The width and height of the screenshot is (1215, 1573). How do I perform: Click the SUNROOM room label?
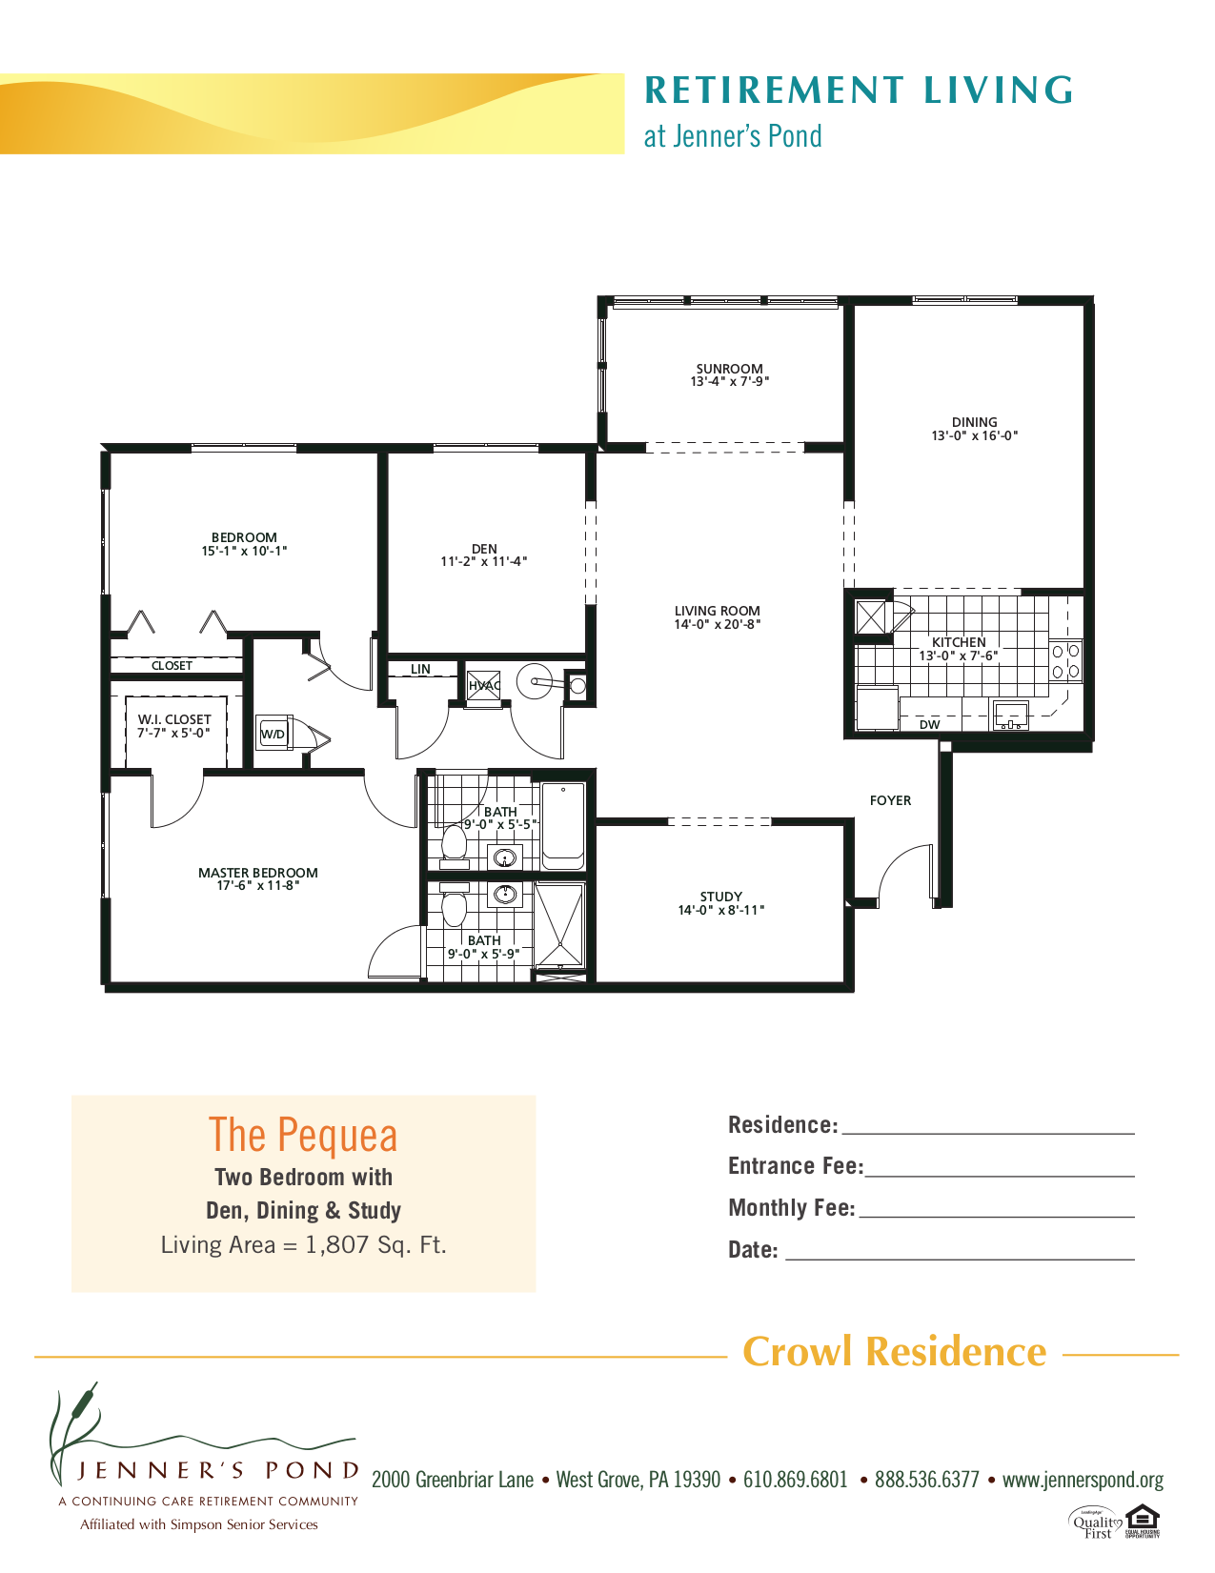pyautogui.click(x=729, y=369)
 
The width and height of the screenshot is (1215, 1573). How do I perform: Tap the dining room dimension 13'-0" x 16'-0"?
pyautogui.click(x=974, y=436)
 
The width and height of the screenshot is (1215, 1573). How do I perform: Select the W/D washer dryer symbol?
pyautogui.click(x=273, y=734)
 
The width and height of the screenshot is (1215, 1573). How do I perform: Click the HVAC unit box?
pyautogui.click(x=483, y=685)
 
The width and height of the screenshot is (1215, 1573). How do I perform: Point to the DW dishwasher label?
pyautogui.click(x=929, y=725)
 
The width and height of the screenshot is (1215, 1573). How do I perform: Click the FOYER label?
pyautogui.click(x=890, y=800)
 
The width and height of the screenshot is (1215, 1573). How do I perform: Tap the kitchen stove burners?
pyautogui.click(x=1065, y=660)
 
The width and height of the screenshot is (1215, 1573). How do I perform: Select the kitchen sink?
pyautogui.click(x=1010, y=715)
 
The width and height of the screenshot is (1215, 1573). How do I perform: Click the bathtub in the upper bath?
pyautogui.click(x=562, y=825)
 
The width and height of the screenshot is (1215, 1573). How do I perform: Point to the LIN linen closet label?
pyautogui.click(x=420, y=669)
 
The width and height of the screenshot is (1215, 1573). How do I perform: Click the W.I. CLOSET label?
pyautogui.click(x=174, y=719)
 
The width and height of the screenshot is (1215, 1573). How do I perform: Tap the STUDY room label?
pyautogui.click(x=720, y=897)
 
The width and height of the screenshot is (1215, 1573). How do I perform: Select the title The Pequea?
pyautogui.click(x=303, y=1136)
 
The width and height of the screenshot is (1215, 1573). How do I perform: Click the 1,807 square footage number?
pyautogui.click(x=336, y=1245)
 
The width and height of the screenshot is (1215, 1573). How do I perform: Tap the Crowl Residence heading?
pyautogui.click(x=894, y=1352)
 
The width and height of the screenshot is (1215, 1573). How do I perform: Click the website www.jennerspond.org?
pyautogui.click(x=1083, y=1480)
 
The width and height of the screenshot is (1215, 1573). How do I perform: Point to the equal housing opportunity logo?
pyautogui.click(x=1142, y=1520)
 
